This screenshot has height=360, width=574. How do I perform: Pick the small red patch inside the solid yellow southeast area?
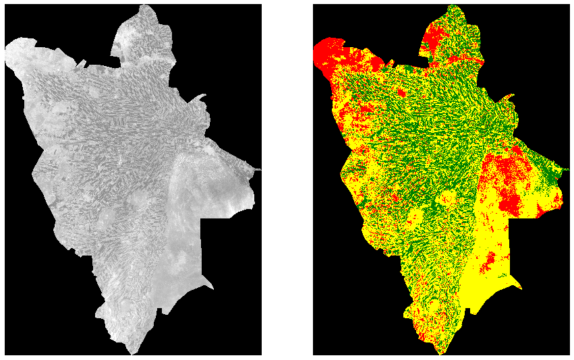(x=492, y=260)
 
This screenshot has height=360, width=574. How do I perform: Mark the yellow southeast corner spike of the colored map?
(x=521, y=289)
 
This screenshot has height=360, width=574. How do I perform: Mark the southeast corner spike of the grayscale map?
(x=213, y=289)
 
